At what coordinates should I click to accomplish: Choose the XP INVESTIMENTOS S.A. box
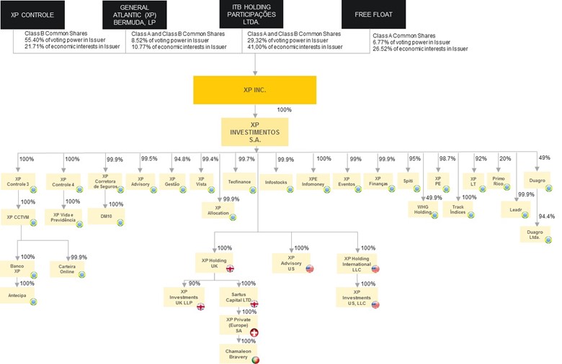click(x=255, y=132)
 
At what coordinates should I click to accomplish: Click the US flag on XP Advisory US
click(x=310, y=268)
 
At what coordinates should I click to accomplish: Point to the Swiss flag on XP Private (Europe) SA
click(x=254, y=332)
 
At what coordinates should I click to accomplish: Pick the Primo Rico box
click(x=499, y=181)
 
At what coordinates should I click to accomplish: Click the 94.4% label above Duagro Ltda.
click(x=547, y=216)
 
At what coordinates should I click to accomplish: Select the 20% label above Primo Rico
click(x=506, y=158)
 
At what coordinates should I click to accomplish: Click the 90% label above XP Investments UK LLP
click(x=194, y=283)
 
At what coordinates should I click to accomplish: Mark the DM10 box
click(x=106, y=217)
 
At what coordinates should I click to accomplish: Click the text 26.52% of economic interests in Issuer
click(x=420, y=48)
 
